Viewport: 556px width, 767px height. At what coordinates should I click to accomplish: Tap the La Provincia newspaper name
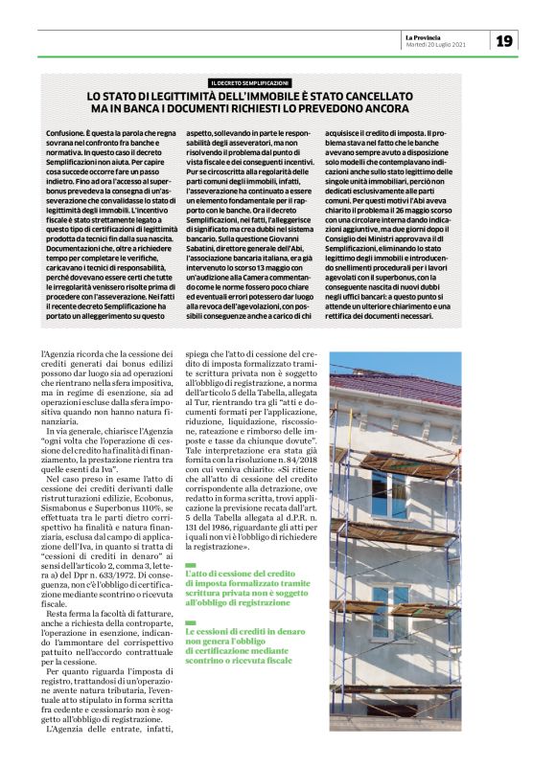424,35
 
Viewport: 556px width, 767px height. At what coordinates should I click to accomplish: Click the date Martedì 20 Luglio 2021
436,44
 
